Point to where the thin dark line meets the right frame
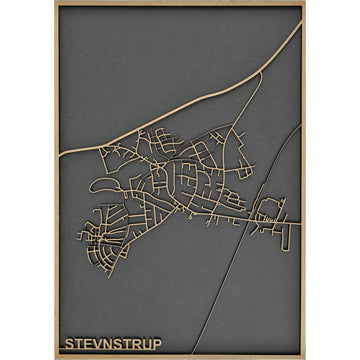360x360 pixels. (301, 126)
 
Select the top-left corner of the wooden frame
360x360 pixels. (56, 4)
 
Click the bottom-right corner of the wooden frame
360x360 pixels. (304, 356)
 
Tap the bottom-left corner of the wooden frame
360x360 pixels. (56, 356)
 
